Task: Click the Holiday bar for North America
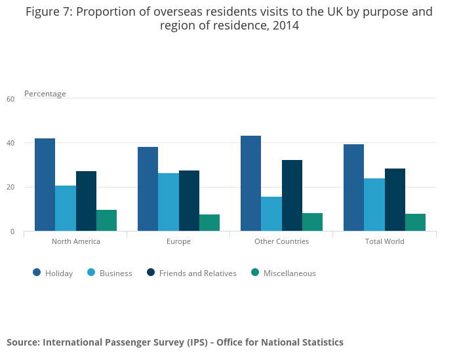pyautogui.click(x=45, y=184)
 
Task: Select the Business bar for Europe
pyautogui.click(x=169, y=202)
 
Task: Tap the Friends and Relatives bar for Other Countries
pyautogui.click(x=292, y=195)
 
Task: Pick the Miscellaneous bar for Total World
pyautogui.click(x=415, y=222)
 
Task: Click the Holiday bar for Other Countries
pyautogui.click(x=250, y=183)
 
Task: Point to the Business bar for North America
pyautogui.click(x=66, y=208)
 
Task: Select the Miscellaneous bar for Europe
pyautogui.click(x=209, y=222)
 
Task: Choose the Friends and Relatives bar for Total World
pyautogui.click(x=395, y=199)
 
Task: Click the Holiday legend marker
pyautogui.click(x=37, y=273)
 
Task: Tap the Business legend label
pyautogui.click(x=116, y=273)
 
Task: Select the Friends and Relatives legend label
pyautogui.click(x=197, y=273)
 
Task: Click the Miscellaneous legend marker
pyautogui.click(x=255, y=273)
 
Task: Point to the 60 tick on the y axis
pyautogui.click(x=10, y=99)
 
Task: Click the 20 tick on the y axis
pyautogui.click(x=10, y=188)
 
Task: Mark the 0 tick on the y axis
pyautogui.click(x=12, y=231)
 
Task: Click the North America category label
pyautogui.click(x=76, y=241)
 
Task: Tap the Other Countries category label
pyautogui.click(x=281, y=241)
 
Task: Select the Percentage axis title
pyautogui.click(x=45, y=94)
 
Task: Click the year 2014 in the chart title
pyautogui.click(x=285, y=26)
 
